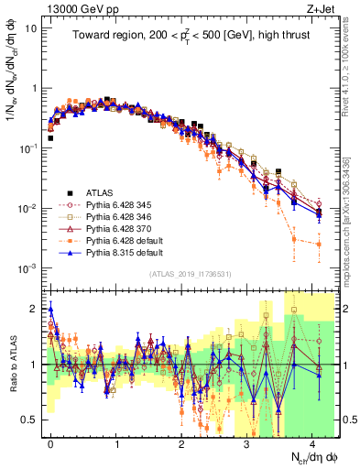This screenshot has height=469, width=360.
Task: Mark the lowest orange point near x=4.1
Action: point(319,245)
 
